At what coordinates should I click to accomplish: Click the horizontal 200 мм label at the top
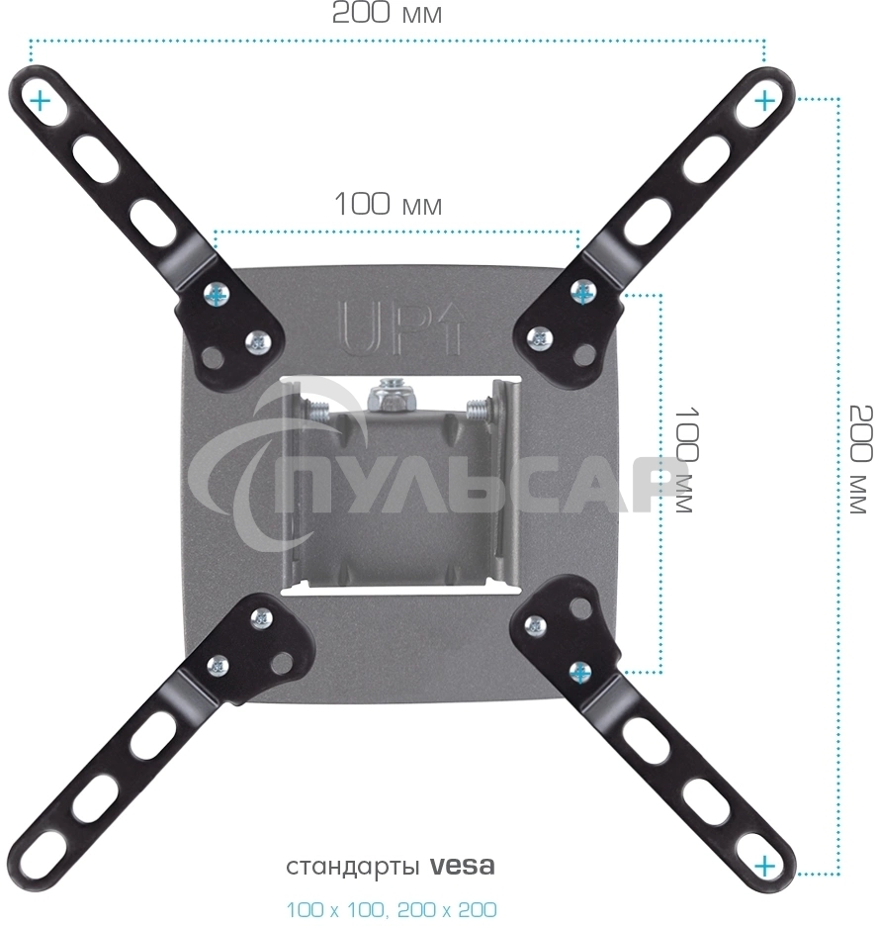pos(387,13)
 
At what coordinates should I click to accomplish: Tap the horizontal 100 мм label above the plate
pos(388,205)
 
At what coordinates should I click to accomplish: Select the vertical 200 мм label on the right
pos(860,459)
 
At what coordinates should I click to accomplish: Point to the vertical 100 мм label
pos(685,459)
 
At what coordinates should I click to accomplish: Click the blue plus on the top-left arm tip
pos(41,102)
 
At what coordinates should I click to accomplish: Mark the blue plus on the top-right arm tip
pos(764,101)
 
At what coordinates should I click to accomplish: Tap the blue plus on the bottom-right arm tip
pos(765,867)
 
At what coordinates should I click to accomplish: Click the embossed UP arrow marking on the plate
pos(402,328)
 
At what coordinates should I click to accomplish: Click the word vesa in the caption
pos(462,867)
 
